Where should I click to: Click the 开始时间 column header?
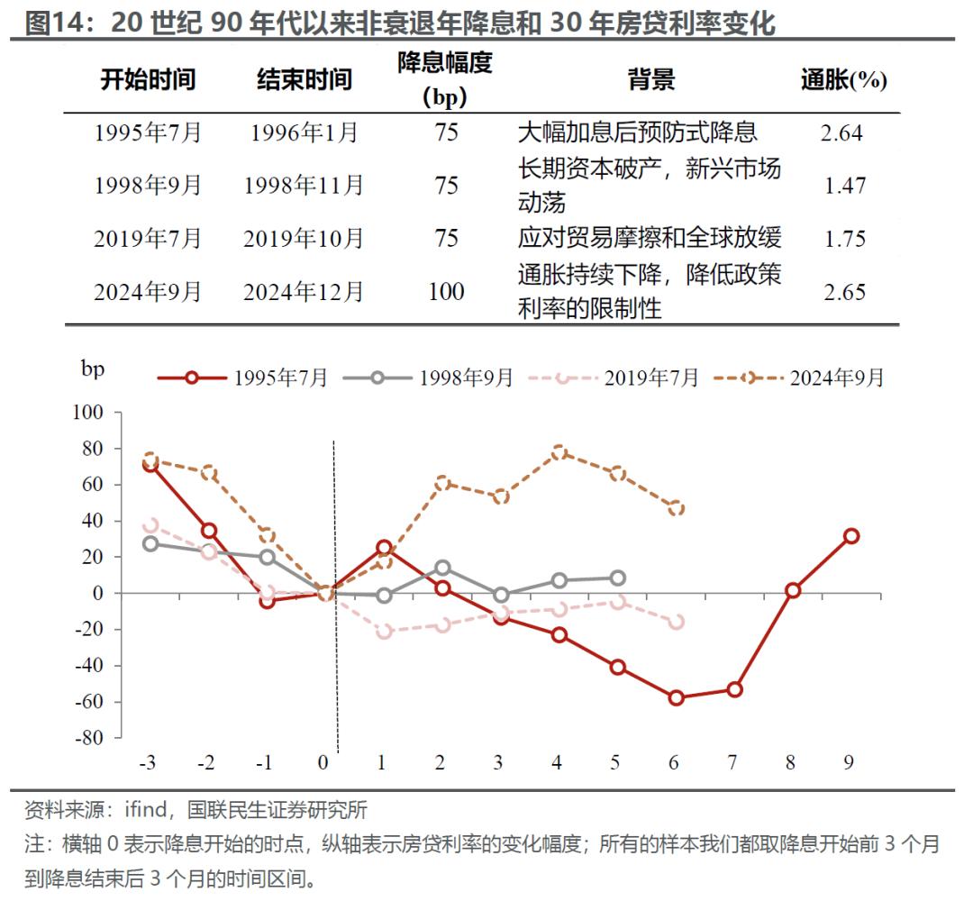[x=147, y=79]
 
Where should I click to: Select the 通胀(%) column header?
[x=844, y=80]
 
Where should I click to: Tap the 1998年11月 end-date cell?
[x=303, y=186]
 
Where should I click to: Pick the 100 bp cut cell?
[x=446, y=291]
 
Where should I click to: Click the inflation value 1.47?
[x=844, y=186]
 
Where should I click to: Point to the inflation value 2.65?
[x=844, y=292]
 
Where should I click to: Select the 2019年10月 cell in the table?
[x=303, y=239]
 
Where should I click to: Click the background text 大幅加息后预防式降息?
[x=637, y=132]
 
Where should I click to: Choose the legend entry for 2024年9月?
[x=799, y=378]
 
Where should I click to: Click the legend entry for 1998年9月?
[x=428, y=378]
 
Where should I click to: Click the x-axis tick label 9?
[x=850, y=763]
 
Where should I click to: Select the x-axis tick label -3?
[x=148, y=763]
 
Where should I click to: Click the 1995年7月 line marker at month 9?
[x=850, y=536]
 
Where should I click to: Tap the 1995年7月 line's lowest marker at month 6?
[x=676, y=697]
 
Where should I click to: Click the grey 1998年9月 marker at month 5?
[x=617, y=578]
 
